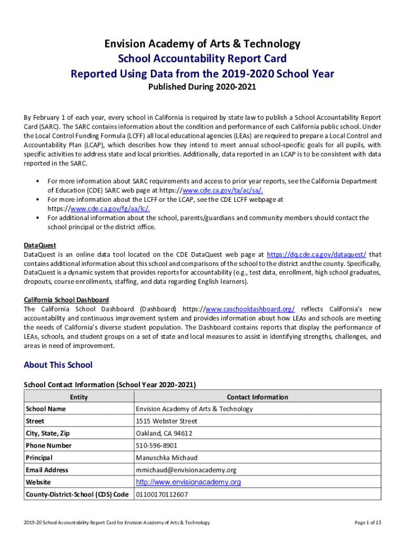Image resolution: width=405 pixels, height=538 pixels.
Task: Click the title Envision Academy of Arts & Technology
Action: (x=202, y=44)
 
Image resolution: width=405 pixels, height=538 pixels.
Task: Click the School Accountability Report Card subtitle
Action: (x=202, y=58)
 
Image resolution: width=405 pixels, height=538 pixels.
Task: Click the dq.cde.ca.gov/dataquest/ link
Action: (x=317, y=254)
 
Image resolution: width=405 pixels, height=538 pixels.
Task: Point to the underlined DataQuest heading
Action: (x=40, y=245)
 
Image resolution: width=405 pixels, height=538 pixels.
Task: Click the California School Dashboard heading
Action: (x=66, y=299)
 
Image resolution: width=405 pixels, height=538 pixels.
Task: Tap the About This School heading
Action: (x=58, y=365)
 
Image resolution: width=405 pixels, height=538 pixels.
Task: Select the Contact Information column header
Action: (x=257, y=397)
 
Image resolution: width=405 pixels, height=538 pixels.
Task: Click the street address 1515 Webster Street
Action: (x=167, y=421)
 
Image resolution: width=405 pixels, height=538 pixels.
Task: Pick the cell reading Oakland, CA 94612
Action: (x=164, y=433)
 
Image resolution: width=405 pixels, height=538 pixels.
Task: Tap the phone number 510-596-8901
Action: (x=157, y=446)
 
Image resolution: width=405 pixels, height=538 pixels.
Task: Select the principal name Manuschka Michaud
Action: (x=167, y=458)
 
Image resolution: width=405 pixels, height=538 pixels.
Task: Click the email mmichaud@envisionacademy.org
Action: (x=186, y=470)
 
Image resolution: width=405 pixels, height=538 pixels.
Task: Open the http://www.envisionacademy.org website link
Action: (x=188, y=482)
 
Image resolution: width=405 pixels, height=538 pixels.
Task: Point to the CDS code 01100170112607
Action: (x=162, y=494)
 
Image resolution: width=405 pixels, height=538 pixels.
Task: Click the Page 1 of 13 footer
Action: (x=368, y=522)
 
